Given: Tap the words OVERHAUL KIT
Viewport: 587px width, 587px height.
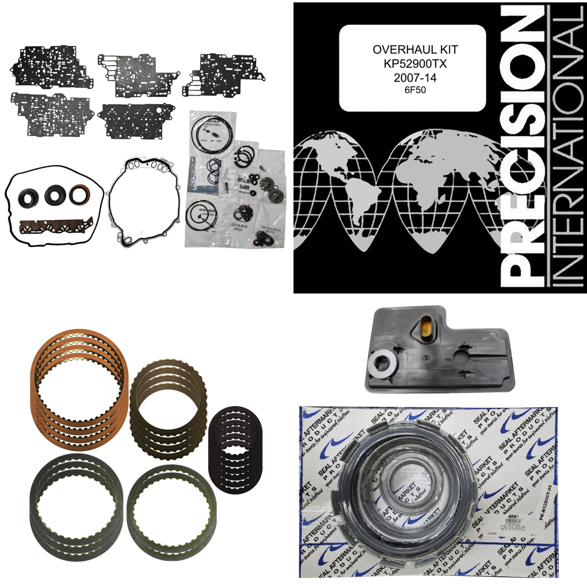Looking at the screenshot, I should pos(415,49).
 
